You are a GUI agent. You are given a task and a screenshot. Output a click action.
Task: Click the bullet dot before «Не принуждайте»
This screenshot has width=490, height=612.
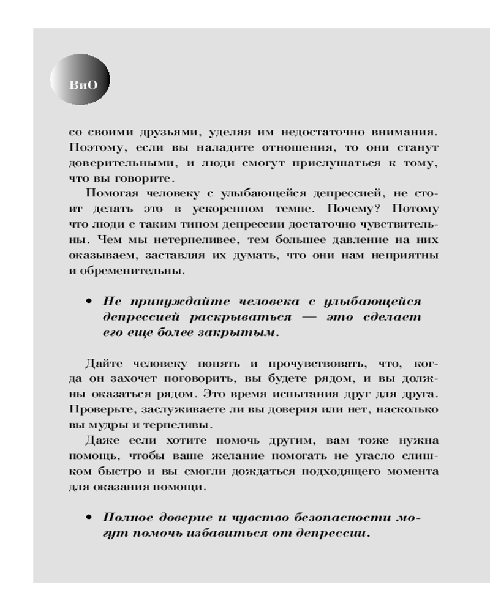pos(89,302)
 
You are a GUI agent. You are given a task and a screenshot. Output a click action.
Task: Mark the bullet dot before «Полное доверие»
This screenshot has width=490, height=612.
pos(89,517)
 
